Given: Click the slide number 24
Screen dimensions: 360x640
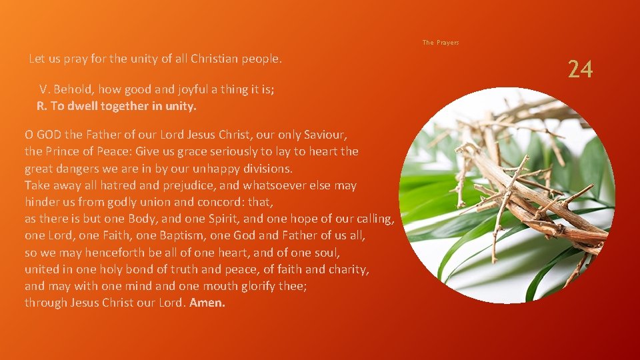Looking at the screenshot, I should point(580,69).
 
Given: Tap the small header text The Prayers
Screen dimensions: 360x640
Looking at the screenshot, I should point(441,43).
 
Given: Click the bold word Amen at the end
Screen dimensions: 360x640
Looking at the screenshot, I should point(207,303).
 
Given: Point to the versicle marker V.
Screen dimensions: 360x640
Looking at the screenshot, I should point(44,89).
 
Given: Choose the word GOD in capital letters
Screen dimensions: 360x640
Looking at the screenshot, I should point(49,135).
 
